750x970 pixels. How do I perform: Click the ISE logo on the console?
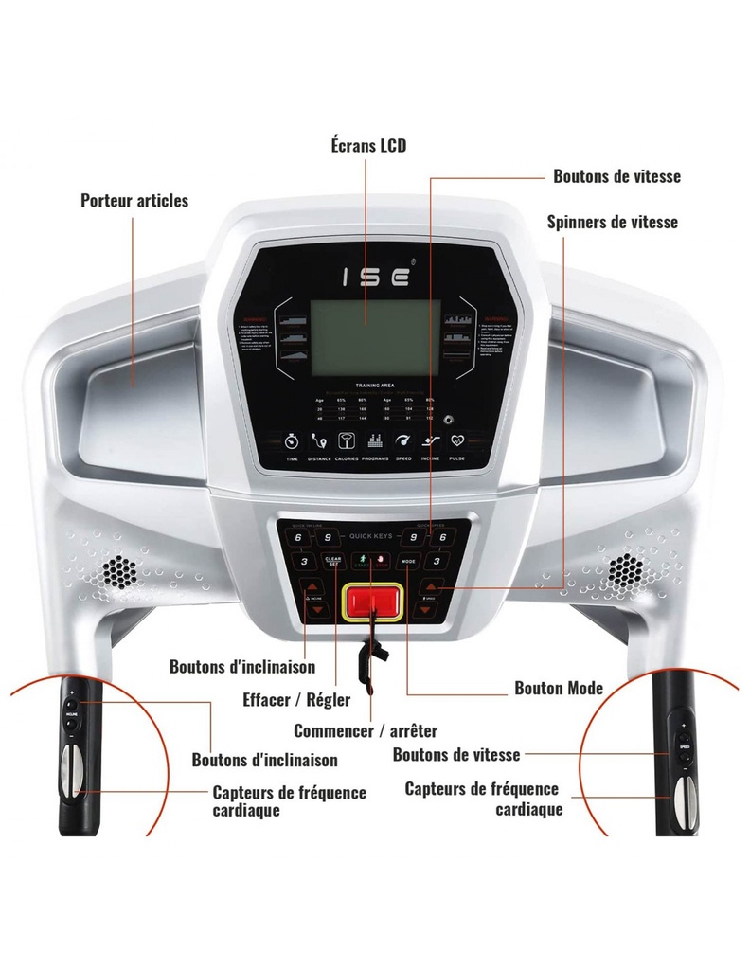[375, 277]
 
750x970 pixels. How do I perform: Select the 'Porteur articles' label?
[134, 201]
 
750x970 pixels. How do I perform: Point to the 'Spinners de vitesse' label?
[613, 222]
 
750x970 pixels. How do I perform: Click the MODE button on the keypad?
[409, 562]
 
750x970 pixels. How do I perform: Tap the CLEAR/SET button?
[332, 561]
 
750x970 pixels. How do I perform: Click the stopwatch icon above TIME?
[293, 442]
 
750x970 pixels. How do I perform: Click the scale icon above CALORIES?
[347, 442]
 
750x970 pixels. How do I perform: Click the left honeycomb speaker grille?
[119, 570]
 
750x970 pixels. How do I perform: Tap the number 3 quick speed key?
[437, 562]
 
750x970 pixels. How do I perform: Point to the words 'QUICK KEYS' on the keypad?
[370, 537]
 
